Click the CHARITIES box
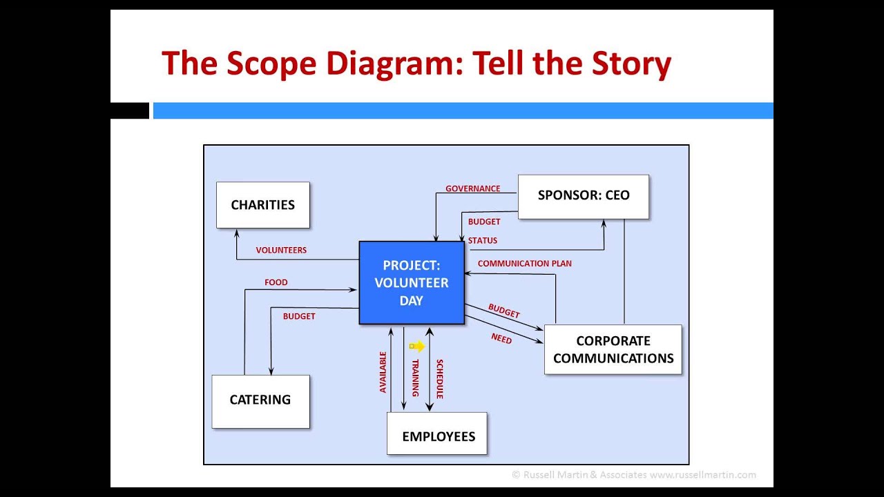pyautogui.click(x=262, y=205)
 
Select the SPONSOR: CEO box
pyautogui.click(x=583, y=196)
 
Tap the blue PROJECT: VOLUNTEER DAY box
pyautogui.click(x=412, y=282)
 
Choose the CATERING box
pyautogui.click(x=260, y=400)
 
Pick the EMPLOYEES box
pyautogui.click(x=437, y=436)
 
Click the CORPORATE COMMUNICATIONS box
pyautogui.click(x=613, y=349)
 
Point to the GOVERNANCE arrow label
pyautogui.click(x=472, y=188)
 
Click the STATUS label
pyautogui.click(x=482, y=241)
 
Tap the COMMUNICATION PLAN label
pyautogui.click(x=524, y=264)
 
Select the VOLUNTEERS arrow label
pyautogui.click(x=281, y=250)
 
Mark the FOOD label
pyautogui.click(x=276, y=282)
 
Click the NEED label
pyautogui.click(x=501, y=338)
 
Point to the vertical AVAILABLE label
pyautogui.click(x=383, y=372)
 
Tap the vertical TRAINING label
pyautogui.click(x=416, y=378)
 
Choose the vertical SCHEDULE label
pyautogui.click(x=440, y=379)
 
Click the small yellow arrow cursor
pyautogui.click(x=416, y=347)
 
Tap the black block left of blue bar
pyautogui.click(x=130, y=110)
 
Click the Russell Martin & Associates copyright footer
pyautogui.click(x=633, y=475)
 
